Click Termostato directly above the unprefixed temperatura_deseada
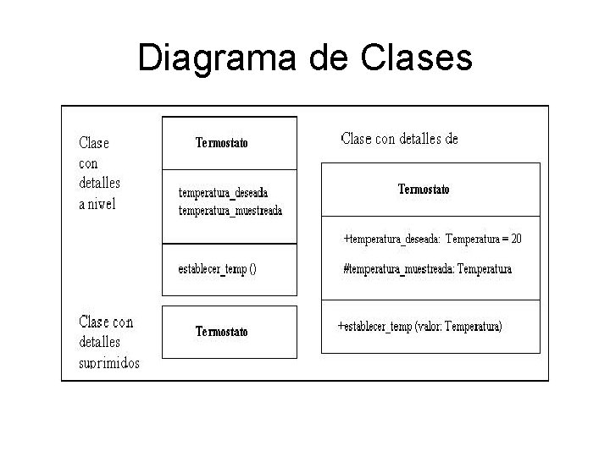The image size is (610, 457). click(x=222, y=143)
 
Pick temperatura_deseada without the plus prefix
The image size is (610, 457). click(x=223, y=193)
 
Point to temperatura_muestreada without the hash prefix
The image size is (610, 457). click(x=230, y=210)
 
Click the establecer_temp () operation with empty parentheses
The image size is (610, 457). click(x=217, y=268)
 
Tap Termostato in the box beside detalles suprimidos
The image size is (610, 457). click(x=222, y=332)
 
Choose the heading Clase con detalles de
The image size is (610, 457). click(x=399, y=139)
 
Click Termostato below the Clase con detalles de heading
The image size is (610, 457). click(x=424, y=190)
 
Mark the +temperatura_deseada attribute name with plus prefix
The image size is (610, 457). click(x=391, y=240)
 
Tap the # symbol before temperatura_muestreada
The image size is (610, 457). click(x=346, y=270)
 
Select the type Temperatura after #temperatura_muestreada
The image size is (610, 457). click(x=485, y=270)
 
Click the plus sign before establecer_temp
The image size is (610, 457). click(x=341, y=326)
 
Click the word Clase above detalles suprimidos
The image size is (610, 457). click(x=93, y=322)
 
